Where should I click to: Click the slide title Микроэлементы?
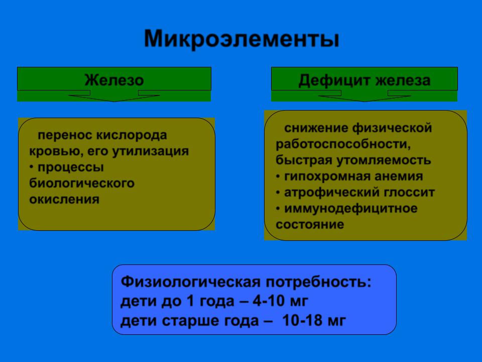[242, 39]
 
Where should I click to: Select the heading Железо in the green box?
[114, 80]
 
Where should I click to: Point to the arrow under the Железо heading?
[114, 96]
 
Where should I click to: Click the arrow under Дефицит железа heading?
[365, 96]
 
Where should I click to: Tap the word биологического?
[82, 184]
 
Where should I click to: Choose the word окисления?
[64, 200]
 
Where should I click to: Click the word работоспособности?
[343, 144]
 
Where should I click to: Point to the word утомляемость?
[384, 160]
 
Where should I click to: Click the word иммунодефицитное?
[351, 209]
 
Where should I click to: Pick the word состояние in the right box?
[310, 224]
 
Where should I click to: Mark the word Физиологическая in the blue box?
[191, 282]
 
